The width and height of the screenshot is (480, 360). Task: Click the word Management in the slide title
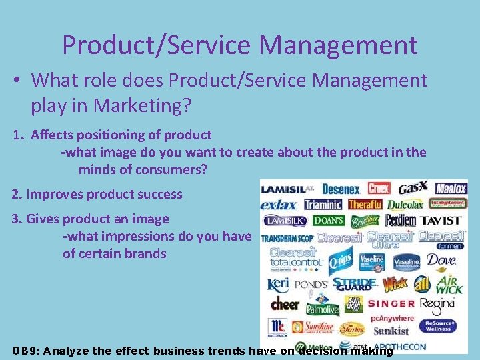coord(338,45)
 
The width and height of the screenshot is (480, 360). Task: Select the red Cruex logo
coord(379,189)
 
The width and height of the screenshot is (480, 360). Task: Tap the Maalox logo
coord(451,189)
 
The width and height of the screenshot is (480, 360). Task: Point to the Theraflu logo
coord(365,205)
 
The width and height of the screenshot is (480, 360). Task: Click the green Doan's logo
coord(329,221)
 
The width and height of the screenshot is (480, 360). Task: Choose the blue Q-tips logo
coord(341,261)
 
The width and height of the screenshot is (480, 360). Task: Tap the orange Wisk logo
coord(395,283)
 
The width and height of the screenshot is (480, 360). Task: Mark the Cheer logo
coord(285,303)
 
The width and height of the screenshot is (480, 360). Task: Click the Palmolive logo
coord(323,309)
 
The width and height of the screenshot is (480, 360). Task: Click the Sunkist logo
coord(391,331)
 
